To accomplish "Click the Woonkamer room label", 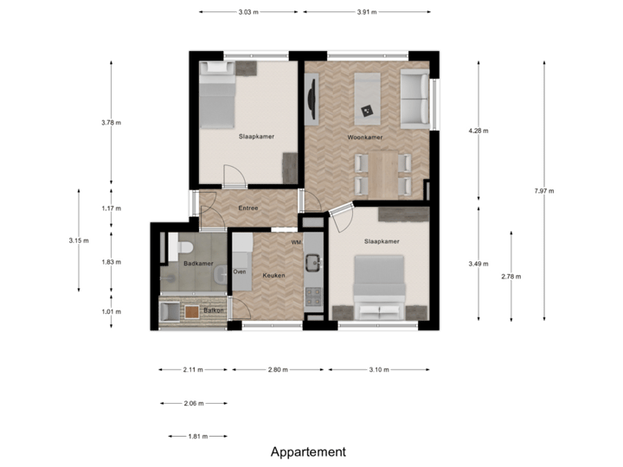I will tap(365, 137).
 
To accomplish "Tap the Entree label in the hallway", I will tap(249, 208).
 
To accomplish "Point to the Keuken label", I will tap(273, 275).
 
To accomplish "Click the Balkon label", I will tap(214, 310).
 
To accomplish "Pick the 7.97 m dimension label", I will tap(545, 191).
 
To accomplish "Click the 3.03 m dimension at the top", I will tap(248, 12).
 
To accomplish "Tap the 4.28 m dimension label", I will tap(478, 131).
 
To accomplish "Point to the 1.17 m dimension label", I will tap(112, 208).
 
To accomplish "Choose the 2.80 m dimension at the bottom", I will tap(278, 369).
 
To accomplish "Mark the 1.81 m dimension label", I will tap(198, 437).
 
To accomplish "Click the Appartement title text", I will tap(308, 451).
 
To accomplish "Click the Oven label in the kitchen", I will tap(240, 272).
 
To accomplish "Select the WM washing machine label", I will tap(296, 242).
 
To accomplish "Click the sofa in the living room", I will tap(414, 98).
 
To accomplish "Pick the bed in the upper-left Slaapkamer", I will tap(216, 97).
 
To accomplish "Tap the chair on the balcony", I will tap(170, 310).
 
